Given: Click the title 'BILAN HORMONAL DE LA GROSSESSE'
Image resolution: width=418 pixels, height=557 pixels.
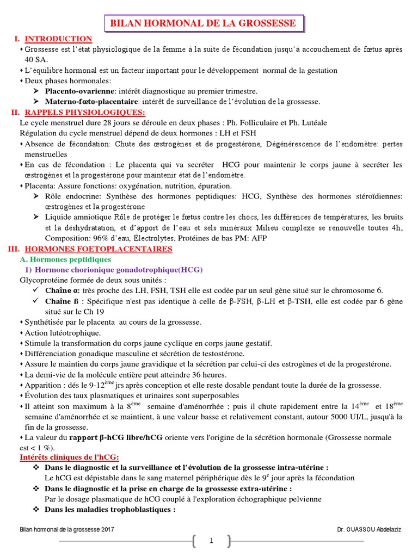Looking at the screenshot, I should click(203, 23).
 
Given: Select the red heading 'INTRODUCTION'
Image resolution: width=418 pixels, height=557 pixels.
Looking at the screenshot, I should click(59, 39).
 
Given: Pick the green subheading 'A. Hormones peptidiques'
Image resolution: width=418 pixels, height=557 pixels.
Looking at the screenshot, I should click(65, 259).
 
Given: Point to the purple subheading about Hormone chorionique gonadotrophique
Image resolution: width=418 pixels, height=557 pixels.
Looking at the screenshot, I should click(106, 270).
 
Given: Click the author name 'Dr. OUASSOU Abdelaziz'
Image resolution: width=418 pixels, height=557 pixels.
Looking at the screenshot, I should click(368, 529).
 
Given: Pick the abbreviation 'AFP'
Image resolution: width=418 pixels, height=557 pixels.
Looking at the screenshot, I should click(260, 238).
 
